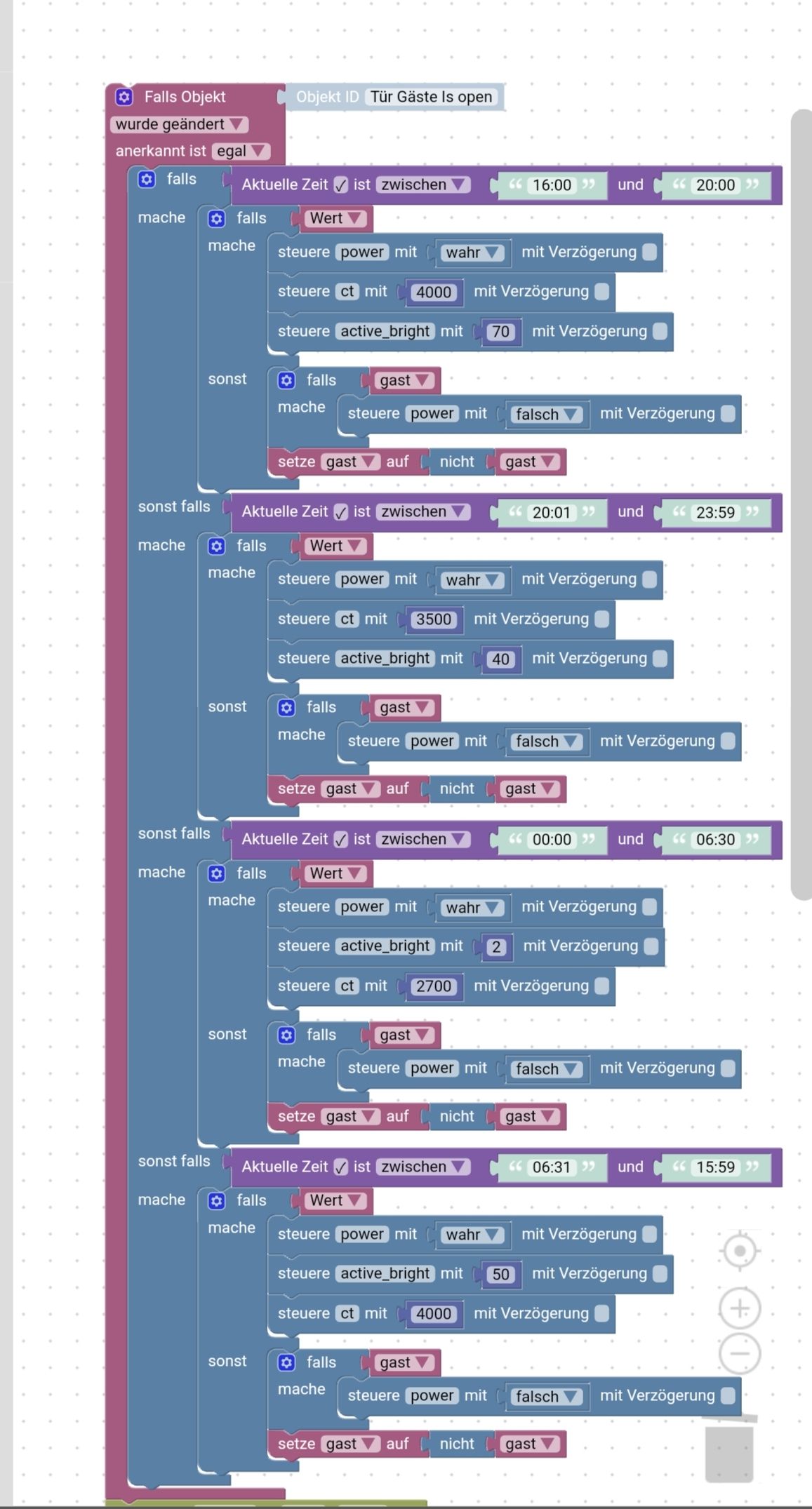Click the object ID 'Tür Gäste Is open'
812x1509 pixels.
tap(431, 97)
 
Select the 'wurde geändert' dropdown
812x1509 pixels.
tap(179, 124)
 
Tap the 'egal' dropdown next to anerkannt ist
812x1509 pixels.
tap(240, 151)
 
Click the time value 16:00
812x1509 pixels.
tap(552, 185)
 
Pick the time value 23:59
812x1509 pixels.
tap(715, 513)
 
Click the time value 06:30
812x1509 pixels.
tap(715, 840)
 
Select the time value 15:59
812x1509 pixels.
tap(715, 1167)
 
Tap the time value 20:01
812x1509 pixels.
tap(552, 513)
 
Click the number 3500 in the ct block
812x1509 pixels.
tap(434, 619)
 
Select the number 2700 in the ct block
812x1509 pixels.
tap(434, 986)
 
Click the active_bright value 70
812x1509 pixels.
tap(500, 332)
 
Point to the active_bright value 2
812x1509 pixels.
tap(496, 947)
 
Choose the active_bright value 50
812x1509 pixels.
tap(500, 1275)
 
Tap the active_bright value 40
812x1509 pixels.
tap(500, 659)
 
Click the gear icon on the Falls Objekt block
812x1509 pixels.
tap(124, 97)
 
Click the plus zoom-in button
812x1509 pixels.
tap(740, 1308)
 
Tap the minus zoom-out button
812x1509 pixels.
tap(740, 1353)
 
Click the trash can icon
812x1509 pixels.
tap(730, 1449)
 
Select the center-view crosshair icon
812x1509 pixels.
tap(740, 1251)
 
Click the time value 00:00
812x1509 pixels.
tap(552, 840)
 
